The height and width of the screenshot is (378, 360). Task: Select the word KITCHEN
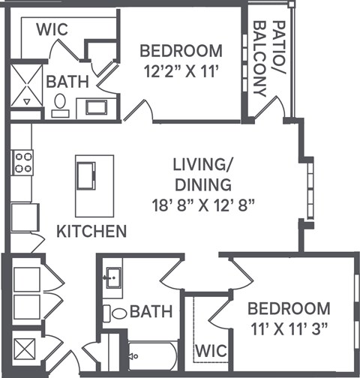[92, 230]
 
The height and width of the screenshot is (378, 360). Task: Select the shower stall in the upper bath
[28, 84]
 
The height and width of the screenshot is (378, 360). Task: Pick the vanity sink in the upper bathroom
[97, 106]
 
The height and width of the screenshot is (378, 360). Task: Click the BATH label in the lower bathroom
[151, 311]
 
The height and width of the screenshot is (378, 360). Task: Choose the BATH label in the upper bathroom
[68, 81]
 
